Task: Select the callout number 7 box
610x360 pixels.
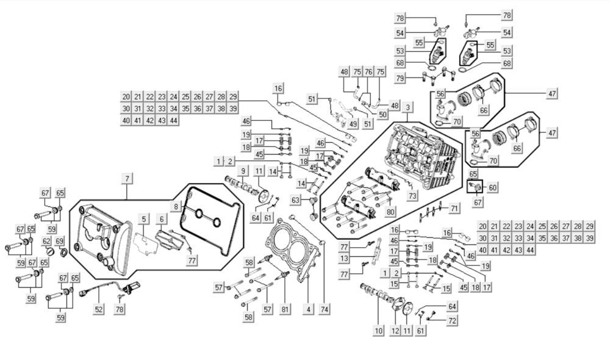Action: point(127,178)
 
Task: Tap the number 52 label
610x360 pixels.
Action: point(98,309)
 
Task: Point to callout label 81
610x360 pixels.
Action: point(285,309)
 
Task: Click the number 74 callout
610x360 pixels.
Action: point(323,309)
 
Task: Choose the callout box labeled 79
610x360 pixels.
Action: point(417,78)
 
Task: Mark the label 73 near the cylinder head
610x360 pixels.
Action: point(413,196)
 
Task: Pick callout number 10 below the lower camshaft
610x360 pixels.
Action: point(378,331)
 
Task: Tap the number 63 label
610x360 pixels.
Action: point(296,200)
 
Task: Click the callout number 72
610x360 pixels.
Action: point(451,320)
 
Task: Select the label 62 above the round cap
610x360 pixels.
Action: point(46,242)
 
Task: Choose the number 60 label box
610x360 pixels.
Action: point(492,187)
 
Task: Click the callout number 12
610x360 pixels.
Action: point(395,331)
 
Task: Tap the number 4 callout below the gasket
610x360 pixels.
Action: point(308,309)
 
